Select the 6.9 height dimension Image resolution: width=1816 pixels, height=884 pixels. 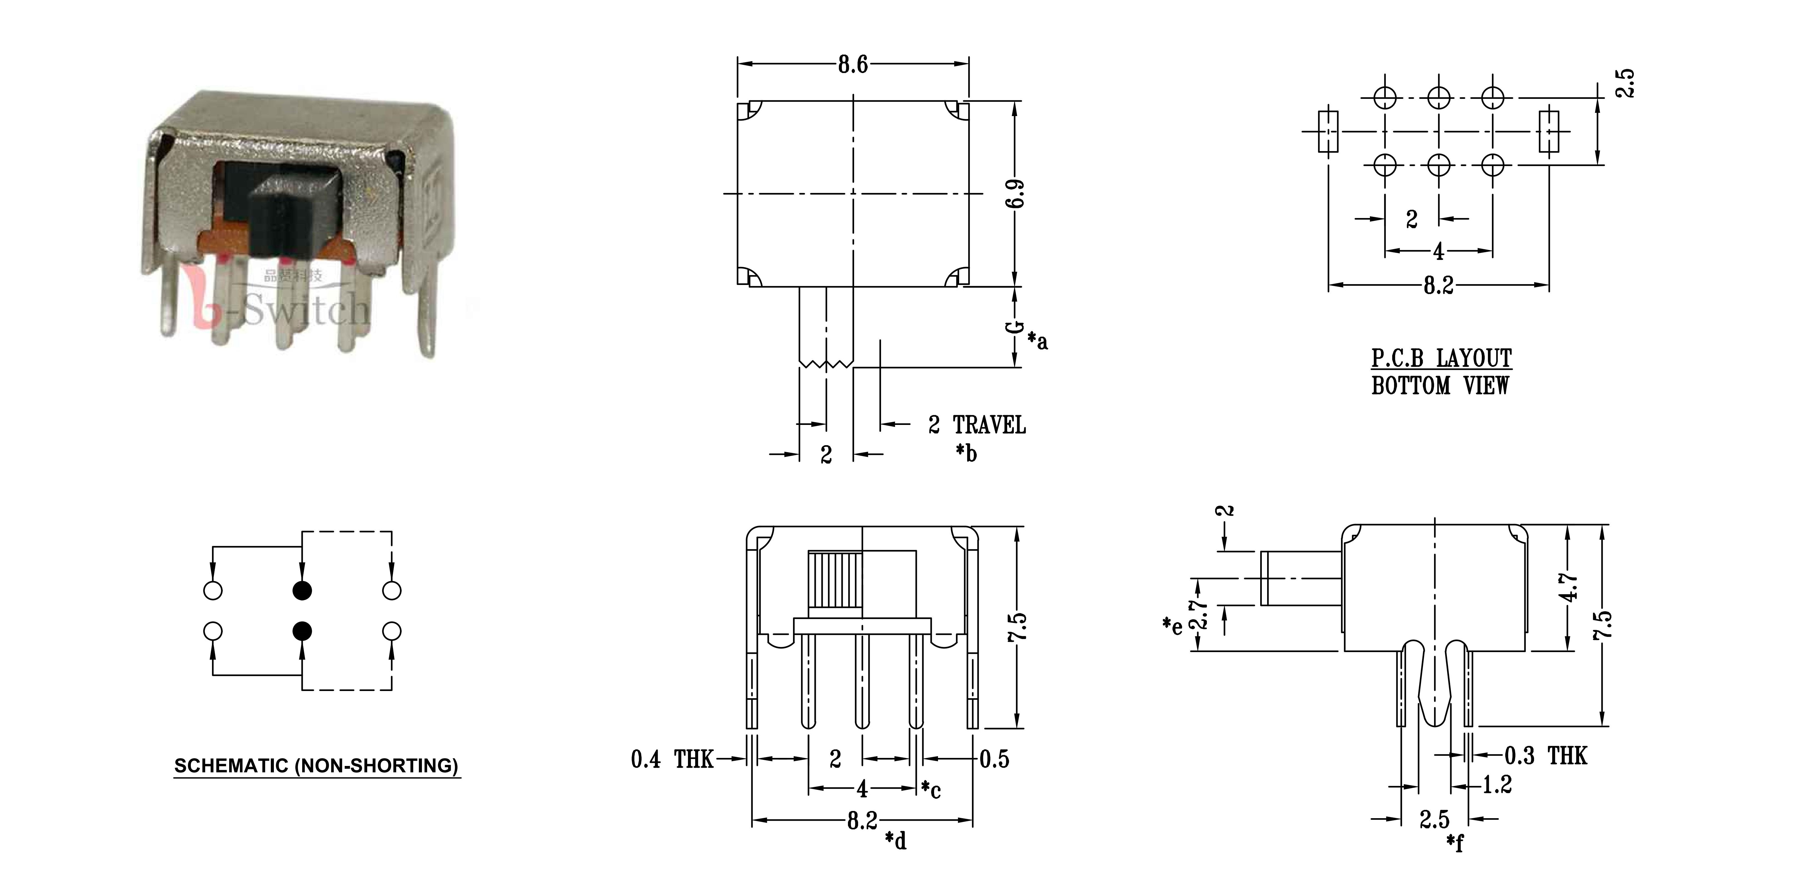[1015, 194]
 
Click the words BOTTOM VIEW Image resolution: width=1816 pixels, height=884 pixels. [1440, 385]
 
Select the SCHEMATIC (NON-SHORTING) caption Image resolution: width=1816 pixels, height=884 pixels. [317, 766]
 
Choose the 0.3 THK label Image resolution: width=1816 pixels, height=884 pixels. [1545, 756]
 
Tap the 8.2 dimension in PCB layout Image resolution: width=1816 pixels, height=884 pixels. [1438, 286]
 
